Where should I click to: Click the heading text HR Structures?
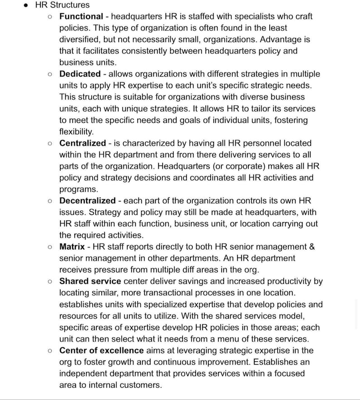62,5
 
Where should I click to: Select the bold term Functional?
81,16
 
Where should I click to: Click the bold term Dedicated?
80,74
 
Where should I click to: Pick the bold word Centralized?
83,143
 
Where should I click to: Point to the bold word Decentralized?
88,200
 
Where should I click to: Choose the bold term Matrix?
72,247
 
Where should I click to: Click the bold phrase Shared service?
90,281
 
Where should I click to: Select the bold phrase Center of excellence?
102,351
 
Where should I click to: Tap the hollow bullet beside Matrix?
50,247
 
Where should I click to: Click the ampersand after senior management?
311,247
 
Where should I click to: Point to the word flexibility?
76,132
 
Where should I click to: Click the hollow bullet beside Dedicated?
50,74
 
